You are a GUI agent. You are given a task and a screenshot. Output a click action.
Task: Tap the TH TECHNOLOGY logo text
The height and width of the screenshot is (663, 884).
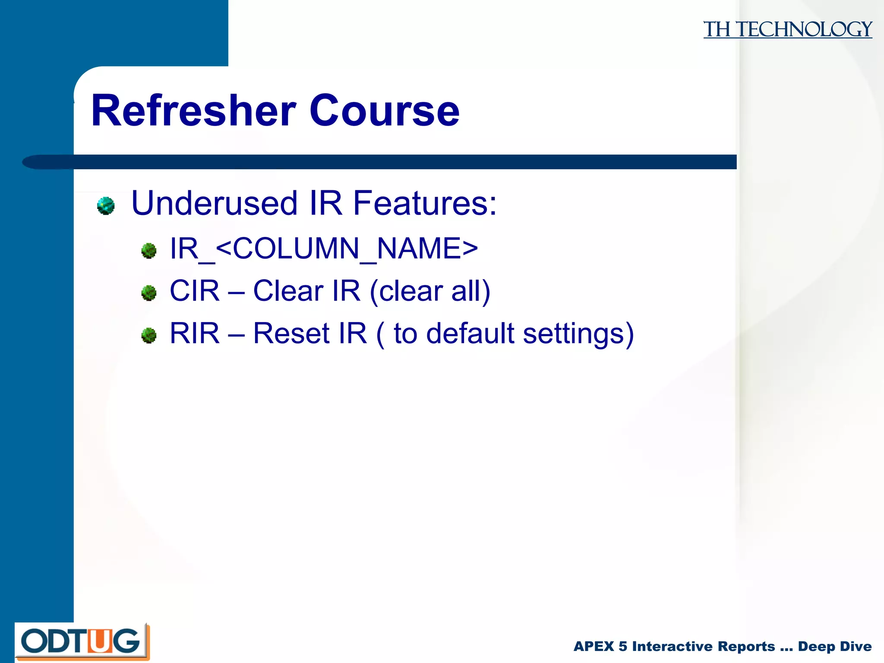787,29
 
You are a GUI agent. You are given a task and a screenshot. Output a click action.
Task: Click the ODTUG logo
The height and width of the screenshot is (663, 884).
82,642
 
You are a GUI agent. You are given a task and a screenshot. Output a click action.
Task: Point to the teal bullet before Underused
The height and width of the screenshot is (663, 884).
106,205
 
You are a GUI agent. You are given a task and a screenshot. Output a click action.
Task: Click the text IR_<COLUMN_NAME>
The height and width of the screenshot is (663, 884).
324,249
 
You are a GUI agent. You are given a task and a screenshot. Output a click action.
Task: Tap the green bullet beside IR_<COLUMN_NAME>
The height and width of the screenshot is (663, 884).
149,251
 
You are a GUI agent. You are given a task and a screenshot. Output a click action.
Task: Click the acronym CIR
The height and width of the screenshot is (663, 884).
195,291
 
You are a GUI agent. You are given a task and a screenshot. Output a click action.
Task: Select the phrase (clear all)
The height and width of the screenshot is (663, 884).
430,291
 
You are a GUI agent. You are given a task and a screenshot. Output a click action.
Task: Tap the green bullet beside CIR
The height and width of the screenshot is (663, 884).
149,293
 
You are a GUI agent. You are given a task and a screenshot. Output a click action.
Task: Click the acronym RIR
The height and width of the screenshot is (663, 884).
195,333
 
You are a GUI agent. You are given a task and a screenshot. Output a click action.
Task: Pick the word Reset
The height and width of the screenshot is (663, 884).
291,333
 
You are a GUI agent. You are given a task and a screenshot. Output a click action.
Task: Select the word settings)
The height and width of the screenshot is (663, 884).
578,334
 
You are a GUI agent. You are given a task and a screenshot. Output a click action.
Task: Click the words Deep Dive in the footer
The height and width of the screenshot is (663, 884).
834,646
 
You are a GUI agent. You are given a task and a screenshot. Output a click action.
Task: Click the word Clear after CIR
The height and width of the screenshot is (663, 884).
288,291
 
